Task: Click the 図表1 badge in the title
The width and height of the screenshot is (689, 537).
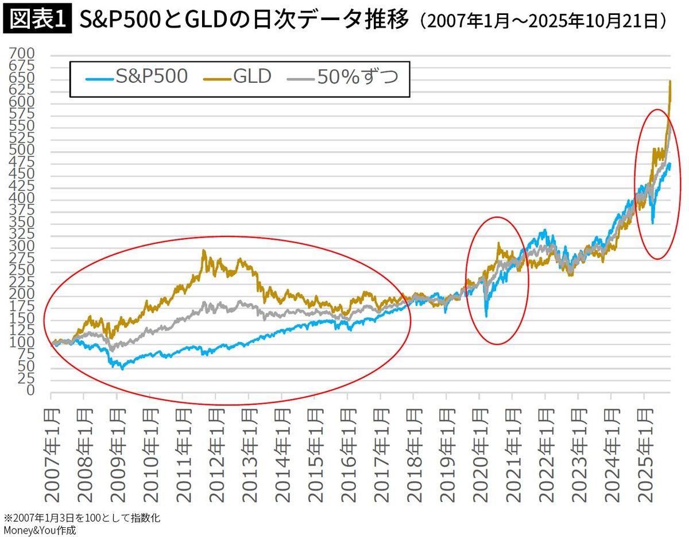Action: pyautogui.click(x=38, y=21)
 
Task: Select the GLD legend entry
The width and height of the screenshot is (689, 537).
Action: pyautogui.click(x=238, y=77)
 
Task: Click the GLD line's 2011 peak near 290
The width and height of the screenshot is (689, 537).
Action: pyautogui.click(x=204, y=251)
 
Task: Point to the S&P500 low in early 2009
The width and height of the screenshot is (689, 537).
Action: pyautogui.click(x=122, y=368)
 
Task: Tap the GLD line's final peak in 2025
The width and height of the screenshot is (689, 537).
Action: pyautogui.click(x=670, y=82)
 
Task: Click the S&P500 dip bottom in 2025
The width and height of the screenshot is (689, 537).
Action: pyautogui.click(x=652, y=223)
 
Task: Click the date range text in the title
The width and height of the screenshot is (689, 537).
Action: pyautogui.click(x=543, y=22)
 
